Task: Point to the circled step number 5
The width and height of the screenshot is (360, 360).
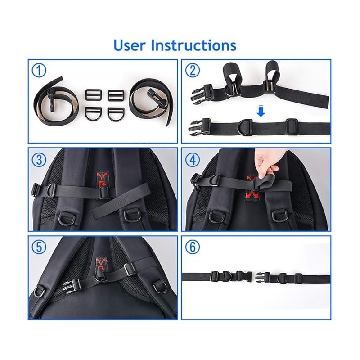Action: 40,247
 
